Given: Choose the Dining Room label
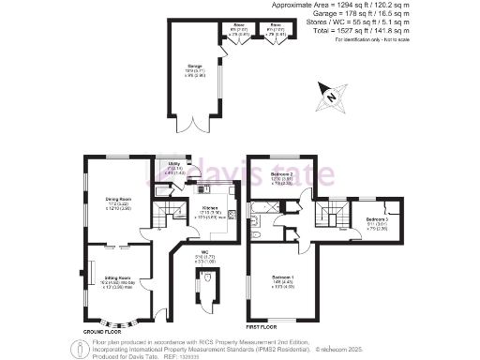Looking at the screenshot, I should click(104, 201).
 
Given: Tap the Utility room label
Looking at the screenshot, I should click(174, 165).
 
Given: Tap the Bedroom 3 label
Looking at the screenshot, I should click(377, 221).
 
